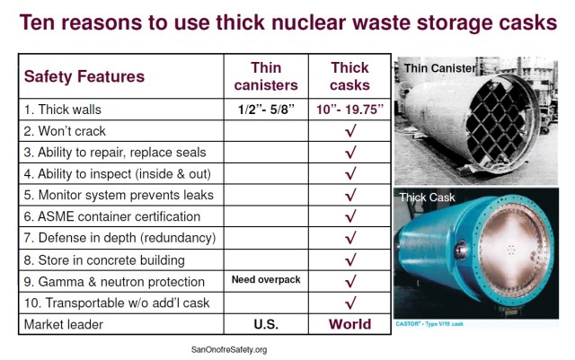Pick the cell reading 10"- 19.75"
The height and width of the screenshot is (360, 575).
tap(350, 110)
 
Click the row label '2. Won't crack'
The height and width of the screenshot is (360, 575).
tap(66, 131)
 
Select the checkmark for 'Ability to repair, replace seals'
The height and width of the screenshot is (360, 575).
tap(350, 152)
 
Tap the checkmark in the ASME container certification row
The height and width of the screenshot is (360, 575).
tap(350, 215)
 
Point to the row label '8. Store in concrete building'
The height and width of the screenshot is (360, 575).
tap(104, 259)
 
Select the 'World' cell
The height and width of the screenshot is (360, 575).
tap(350, 324)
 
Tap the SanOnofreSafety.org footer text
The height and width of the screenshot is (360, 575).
tap(229, 349)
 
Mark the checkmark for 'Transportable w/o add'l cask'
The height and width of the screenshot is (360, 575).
tap(350, 302)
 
